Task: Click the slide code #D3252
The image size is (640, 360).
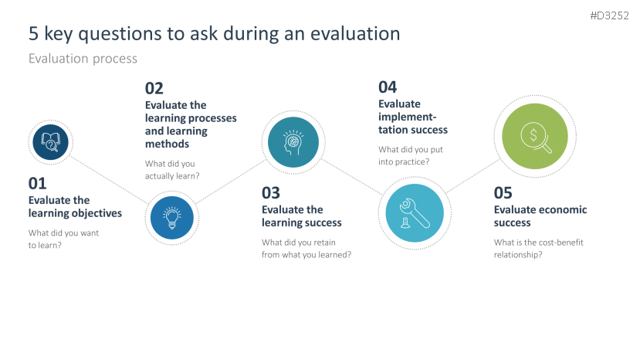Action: tap(609, 15)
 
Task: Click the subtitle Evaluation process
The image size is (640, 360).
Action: tap(83, 59)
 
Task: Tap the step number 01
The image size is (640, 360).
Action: tap(38, 183)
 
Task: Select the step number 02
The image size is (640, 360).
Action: tap(154, 88)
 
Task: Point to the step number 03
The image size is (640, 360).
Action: tap(271, 193)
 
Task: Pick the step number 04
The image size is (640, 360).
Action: tap(388, 87)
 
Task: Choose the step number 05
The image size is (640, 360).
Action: tap(503, 193)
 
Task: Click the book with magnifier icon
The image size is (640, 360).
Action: tap(51, 142)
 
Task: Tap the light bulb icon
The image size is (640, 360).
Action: tap(172, 218)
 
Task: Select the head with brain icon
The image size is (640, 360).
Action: tap(293, 142)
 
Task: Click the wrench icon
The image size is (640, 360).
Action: tap(415, 213)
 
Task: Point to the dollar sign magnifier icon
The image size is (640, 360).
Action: tap(536, 138)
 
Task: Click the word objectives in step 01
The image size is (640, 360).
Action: tap(97, 213)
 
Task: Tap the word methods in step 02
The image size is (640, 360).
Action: tap(168, 144)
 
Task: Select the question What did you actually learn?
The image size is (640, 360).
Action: tap(172, 170)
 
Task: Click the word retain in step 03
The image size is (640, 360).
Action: tap(324, 243)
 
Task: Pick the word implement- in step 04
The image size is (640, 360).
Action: tap(408, 117)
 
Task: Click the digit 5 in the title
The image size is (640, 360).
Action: tap(33, 34)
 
